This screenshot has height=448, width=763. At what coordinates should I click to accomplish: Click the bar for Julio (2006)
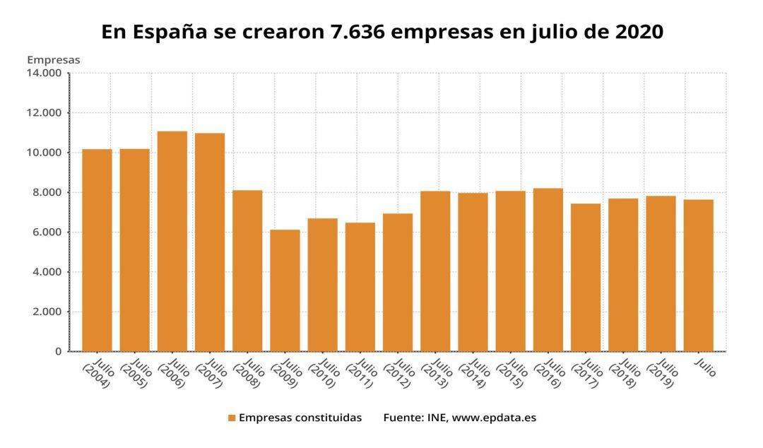click(x=172, y=241)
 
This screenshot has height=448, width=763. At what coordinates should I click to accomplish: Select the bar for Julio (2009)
click(x=285, y=290)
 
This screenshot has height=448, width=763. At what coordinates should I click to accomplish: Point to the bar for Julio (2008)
click(x=247, y=271)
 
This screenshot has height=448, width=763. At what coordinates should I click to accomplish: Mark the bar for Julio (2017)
click(x=586, y=277)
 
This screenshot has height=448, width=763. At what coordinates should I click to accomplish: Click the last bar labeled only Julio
click(x=698, y=275)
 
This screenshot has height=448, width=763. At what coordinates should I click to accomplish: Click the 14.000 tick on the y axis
click(x=44, y=73)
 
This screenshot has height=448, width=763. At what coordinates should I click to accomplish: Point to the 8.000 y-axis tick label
click(x=47, y=192)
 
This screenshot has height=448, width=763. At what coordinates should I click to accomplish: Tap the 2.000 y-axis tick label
click(x=47, y=312)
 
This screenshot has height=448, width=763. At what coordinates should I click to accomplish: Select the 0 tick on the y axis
click(x=59, y=351)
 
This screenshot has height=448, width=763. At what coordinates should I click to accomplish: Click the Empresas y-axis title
click(x=53, y=59)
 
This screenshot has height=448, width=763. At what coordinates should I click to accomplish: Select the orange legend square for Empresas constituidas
click(x=231, y=418)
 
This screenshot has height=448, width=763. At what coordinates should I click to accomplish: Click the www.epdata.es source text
click(x=494, y=418)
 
